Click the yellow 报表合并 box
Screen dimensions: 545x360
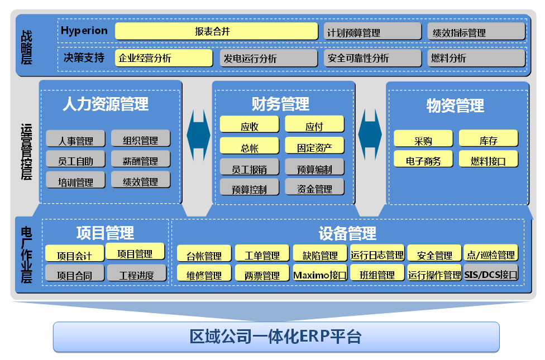(x=216, y=31)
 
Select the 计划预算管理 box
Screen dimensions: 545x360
(x=372, y=32)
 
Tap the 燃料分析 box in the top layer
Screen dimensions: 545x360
(x=476, y=57)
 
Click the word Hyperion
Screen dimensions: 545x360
(x=84, y=31)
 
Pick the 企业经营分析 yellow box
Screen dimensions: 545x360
(x=164, y=57)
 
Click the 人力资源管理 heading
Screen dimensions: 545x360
(x=106, y=104)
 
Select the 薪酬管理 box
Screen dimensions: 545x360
(x=140, y=160)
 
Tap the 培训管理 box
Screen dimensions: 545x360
(x=75, y=180)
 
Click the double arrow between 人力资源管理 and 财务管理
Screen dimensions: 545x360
(x=198, y=135)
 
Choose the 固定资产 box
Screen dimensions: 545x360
(x=314, y=146)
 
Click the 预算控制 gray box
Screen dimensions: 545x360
(x=249, y=188)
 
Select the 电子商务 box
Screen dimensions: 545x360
(x=423, y=159)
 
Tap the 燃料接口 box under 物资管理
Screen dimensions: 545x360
(x=489, y=159)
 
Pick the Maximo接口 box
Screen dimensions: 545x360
(x=320, y=273)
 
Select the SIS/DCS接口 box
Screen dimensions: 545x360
(x=491, y=273)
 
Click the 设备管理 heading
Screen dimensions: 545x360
(x=347, y=233)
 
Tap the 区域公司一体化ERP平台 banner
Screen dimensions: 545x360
(x=276, y=337)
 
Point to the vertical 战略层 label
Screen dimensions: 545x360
(x=26, y=47)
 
